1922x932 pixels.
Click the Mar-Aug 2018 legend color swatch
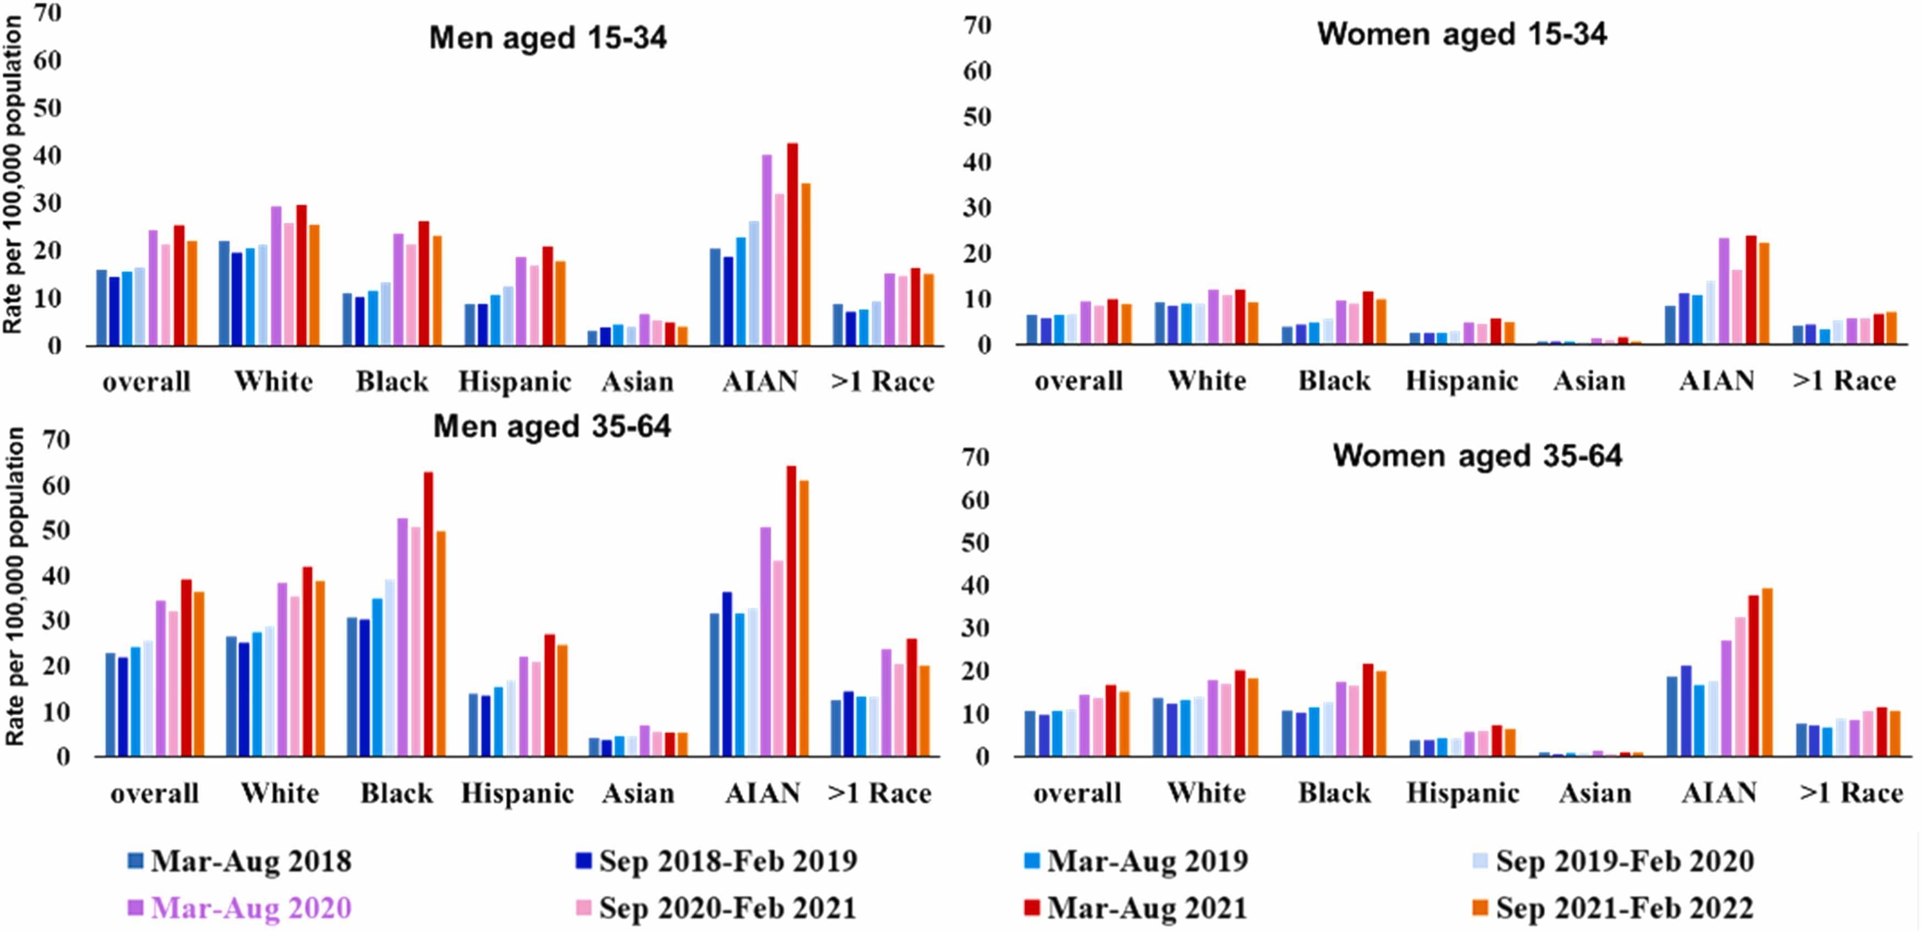[x=135, y=860]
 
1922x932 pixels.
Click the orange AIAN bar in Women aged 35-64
[x=1767, y=672]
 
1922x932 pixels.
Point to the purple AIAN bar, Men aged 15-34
[x=766, y=250]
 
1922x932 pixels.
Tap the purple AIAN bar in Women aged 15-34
[x=1723, y=291]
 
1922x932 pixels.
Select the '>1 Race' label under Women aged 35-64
[x=1850, y=793]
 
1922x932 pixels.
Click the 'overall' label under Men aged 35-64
[x=155, y=793]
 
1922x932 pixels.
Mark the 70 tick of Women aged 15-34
[x=977, y=26]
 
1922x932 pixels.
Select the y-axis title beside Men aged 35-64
[x=15, y=586]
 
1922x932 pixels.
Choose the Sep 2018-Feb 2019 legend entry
[x=727, y=861]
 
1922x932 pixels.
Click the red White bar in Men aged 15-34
[x=302, y=275]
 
